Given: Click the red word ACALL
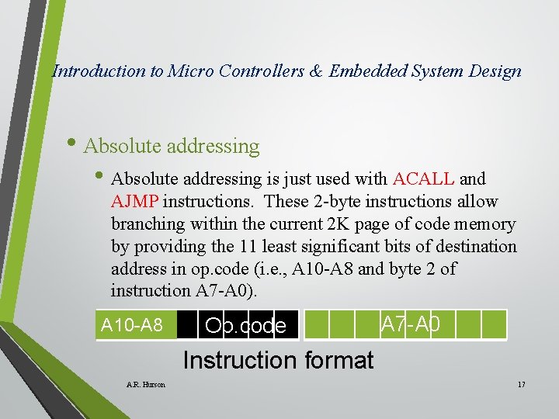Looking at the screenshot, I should point(424,179).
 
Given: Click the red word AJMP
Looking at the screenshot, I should point(135,202).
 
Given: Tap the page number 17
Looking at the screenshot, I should point(521,384).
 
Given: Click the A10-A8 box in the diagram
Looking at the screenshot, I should point(132,324).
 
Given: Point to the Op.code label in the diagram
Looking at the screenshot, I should point(245,325).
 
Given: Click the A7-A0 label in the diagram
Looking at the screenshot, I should point(411,324).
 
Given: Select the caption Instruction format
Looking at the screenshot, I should point(278,360).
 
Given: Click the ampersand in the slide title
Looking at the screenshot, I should point(318,71).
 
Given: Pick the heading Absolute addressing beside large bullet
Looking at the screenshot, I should point(171,146).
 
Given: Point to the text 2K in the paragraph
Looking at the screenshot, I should point(362,224).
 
